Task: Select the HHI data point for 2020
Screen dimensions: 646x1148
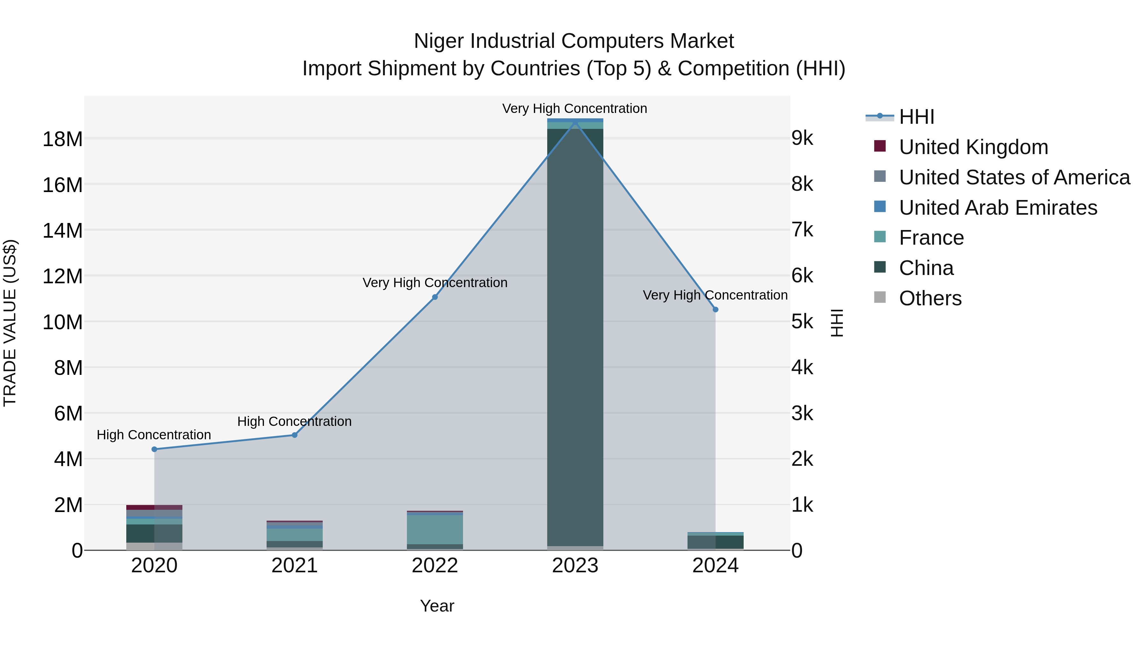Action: point(154,449)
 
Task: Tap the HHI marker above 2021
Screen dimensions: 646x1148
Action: point(295,435)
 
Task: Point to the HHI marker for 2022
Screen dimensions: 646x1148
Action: point(435,297)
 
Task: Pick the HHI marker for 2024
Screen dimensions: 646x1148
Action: point(715,309)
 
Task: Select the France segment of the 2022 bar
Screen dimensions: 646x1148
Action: point(435,530)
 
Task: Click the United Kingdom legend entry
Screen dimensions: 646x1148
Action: point(973,147)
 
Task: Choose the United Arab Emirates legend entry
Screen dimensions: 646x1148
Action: point(998,208)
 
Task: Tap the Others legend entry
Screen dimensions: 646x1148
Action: point(930,298)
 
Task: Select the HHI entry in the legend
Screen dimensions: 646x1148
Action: point(916,117)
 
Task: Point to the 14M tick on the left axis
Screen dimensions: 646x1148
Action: point(63,231)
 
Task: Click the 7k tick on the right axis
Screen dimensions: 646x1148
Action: point(802,230)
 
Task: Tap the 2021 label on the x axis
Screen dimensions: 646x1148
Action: point(295,566)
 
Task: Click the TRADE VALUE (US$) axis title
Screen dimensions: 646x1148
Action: point(10,323)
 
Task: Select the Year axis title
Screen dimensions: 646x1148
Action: point(437,606)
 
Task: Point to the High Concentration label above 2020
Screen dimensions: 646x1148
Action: point(154,435)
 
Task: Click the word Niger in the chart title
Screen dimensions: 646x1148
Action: point(439,41)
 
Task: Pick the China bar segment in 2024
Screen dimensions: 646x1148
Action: point(715,542)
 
